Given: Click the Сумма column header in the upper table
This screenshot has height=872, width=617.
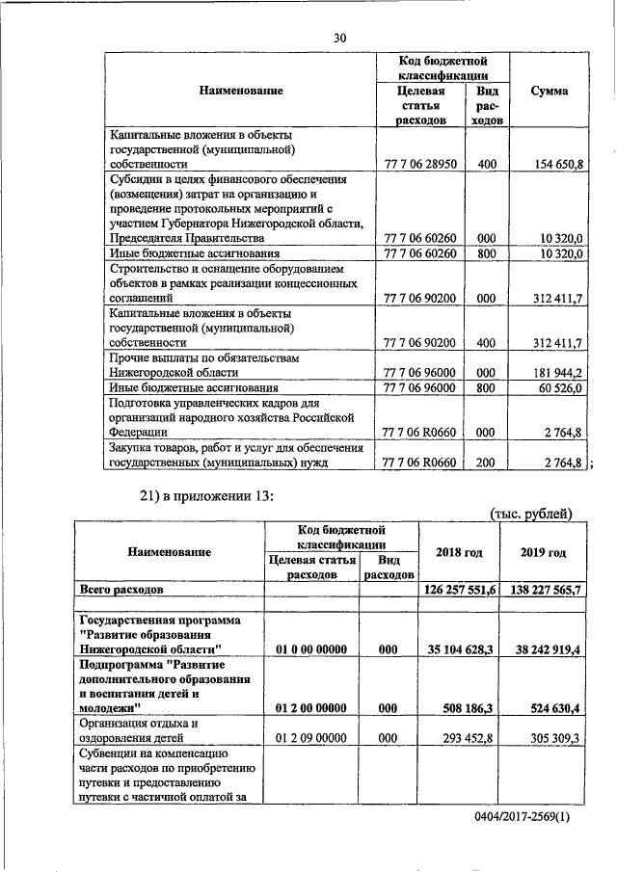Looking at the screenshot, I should tap(549, 91).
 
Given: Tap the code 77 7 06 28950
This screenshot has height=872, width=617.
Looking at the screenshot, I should tap(418, 165).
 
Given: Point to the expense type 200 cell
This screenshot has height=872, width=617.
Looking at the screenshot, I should tap(486, 462).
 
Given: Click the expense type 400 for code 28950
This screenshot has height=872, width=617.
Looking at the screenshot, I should tap(486, 165).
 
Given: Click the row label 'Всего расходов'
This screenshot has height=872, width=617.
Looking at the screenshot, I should tap(127, 588).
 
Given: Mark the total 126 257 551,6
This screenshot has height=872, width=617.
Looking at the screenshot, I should tap(459, 588).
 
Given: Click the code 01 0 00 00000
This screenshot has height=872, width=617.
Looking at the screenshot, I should tap(311, 650).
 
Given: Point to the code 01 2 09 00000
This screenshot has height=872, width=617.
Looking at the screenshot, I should tap(311, 737).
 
